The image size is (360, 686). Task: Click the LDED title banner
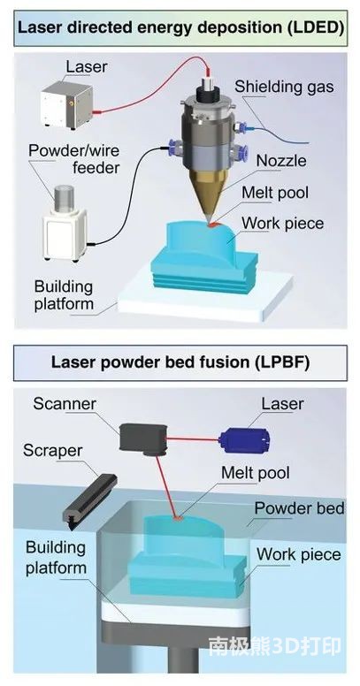pyautogui.click(x=180, y=28)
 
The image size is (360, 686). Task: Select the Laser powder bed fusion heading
pyautogui.click(x=180, y=362)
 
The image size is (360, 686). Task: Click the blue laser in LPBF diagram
pyautogui.click(x=244, y=438)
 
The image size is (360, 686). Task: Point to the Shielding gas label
pyautogui.click(x=284, y=86)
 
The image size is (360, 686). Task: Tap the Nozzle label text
pyautogui.click(x=281, y=161)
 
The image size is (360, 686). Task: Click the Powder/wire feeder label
pyautogui.click(x=74, y=158)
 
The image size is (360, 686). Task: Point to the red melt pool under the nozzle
pyautogui.click(x=213, y=225)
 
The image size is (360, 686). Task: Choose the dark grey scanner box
pyautogui.click(x=142, y=438)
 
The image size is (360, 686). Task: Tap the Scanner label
pyautogui.click(x=65, y=404)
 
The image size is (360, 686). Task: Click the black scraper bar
pyautogui.click(x=90, y=499)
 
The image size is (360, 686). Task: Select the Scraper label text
pyautogui.click(x=52, y=451)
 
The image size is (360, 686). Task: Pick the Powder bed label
pyautogui.click(x=299, y=508)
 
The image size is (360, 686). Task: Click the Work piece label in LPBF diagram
pyautogui.click(x=298, y=555)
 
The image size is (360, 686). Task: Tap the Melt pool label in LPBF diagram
pyautogui.click(x=256, y=472)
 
